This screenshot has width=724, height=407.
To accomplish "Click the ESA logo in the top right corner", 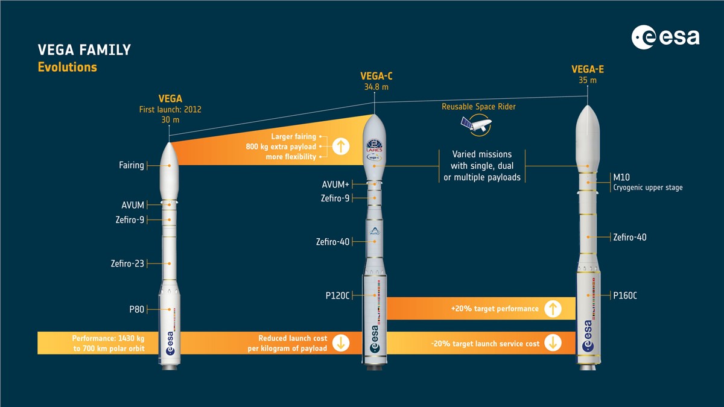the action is pos(665,37).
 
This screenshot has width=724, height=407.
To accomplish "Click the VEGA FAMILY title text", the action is pos(84,50).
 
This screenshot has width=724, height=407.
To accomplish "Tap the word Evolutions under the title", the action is pos(67,67).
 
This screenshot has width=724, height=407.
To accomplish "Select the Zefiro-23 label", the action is pos(127,263).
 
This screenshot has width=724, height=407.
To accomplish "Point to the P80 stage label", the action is pos(137,309).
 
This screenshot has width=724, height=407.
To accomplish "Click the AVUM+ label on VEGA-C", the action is pos(335,185).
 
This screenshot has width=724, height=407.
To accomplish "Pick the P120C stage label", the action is pos(337,295).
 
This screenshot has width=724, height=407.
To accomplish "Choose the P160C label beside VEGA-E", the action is pos(625,295).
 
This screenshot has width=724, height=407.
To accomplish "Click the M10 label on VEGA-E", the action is pos(621,177).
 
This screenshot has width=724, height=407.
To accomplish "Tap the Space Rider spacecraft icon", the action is pos(477,125).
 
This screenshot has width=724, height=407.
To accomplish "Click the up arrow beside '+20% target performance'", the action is pos(553,309).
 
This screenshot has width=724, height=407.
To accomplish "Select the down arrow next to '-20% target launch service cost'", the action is pos(553,342).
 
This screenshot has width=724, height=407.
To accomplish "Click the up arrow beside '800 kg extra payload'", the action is pos(341,147).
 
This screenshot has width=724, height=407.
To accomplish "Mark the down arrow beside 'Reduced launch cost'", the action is pos(341,342).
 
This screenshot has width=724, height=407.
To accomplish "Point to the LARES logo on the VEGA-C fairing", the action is pos(374,146).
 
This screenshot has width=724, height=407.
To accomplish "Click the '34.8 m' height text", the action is pos(376,87).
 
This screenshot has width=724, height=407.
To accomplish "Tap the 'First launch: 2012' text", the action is pos(170,110).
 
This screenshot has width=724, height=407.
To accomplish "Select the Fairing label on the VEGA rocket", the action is pos(132,165).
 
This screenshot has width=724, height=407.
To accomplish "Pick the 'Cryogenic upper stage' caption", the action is pos(648,188).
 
